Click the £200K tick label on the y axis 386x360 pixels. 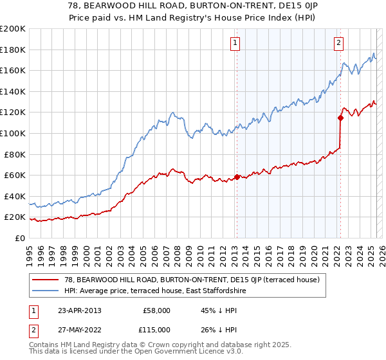(x=13, y=29)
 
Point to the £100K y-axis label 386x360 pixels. (x=13, y=133)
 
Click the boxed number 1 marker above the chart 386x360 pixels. (x=235, y=43)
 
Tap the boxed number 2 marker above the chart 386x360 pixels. (x=338, y=43)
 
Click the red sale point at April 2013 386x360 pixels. (x=237, y=177)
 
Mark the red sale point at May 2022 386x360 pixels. (x=340, y=117)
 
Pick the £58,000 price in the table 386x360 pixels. (x=156, y=310)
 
